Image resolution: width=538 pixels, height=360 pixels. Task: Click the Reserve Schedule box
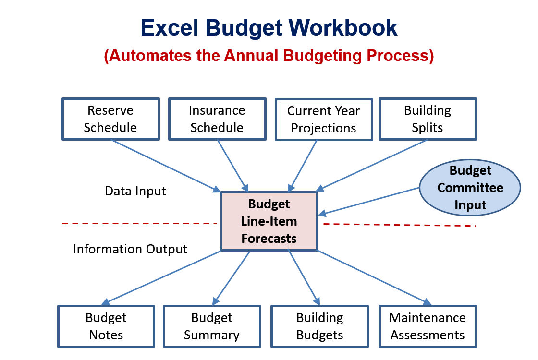click(x=110, y=119)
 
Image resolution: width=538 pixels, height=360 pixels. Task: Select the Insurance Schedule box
click(x=217, y=119)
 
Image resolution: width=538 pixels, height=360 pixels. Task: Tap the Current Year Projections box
click(x=324, y=120)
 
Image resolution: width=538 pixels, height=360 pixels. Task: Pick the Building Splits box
click(x=428, y=119)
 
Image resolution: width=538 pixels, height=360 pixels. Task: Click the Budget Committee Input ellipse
click(x=470, y=188)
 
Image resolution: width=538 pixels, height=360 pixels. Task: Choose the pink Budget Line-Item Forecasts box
click(x=269, y=221)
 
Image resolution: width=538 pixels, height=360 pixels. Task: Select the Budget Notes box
click(x=106, y=326)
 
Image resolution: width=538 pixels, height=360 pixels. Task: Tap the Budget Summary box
click(x=212, y=326)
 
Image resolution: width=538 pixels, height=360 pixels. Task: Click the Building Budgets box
click(x=319, y=326)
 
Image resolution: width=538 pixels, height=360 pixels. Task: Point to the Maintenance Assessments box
click(x=428, y=326)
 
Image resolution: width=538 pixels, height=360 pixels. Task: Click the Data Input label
click(x=135, y=191)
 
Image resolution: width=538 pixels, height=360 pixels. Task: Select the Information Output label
click(x=130, y=249)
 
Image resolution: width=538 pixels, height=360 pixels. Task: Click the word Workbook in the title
click(x=343, y=27)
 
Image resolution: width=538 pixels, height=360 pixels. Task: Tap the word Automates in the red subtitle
click(x=149, y=56)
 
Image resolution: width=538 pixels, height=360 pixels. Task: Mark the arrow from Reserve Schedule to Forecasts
click(x=166, y=166)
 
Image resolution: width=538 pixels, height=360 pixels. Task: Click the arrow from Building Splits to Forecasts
click(x=371, y=165)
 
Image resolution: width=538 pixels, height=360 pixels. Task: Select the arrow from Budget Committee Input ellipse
click(x=369, y=201)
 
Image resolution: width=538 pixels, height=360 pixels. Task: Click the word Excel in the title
click(x=170, y=27)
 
